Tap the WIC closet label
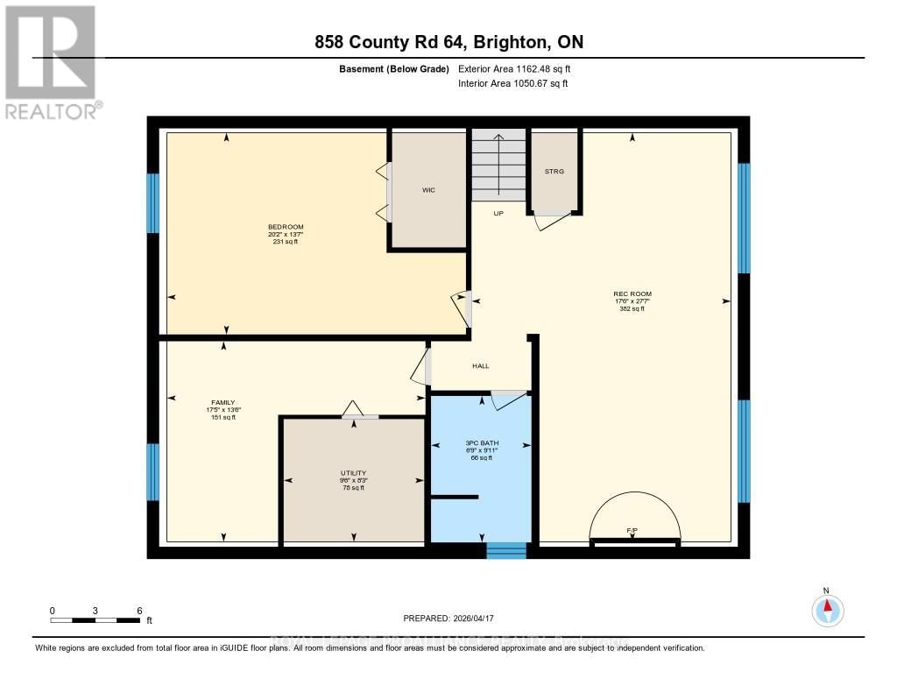(x=428, y=189)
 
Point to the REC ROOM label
(x=632, y=293)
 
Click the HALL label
(x=480, y=365)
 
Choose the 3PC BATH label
(x=480, y=443)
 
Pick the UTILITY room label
(x=353, y=473)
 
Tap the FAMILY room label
(x=223, y=403)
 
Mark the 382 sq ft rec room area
(x=632, y=309)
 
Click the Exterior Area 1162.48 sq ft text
(x=515, y=68)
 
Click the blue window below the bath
(x=505, y=550)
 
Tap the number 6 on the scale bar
(x=138, y=610)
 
